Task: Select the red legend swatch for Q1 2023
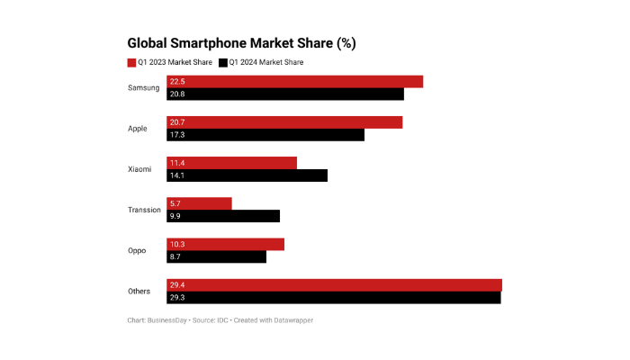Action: pos(131,62)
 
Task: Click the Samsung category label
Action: pos(144,88)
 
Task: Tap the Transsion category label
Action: pos(144,210)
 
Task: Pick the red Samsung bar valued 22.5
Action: pos(294,82)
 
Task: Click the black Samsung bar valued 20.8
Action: pos(284,94)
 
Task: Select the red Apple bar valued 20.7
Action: pos(283,122)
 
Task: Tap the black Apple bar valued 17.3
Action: pos(265,135)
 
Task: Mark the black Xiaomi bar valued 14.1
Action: pos(247,175)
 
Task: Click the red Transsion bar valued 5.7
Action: pos(199,203)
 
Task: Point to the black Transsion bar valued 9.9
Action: pos(223,216)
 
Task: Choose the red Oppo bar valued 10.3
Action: pos(225,244)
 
